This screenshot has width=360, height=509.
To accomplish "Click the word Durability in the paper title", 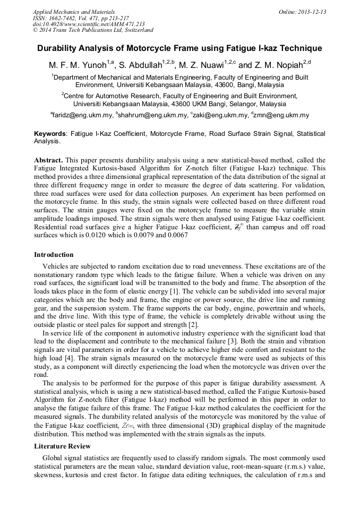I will coord(59,48).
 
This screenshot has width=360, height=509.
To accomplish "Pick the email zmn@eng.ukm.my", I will coord(281,115).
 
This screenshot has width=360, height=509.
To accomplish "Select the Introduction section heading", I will coord(54,255).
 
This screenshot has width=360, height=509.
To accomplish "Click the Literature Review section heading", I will coord(62,446).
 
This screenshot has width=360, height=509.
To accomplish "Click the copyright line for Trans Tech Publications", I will coord(93,30).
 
